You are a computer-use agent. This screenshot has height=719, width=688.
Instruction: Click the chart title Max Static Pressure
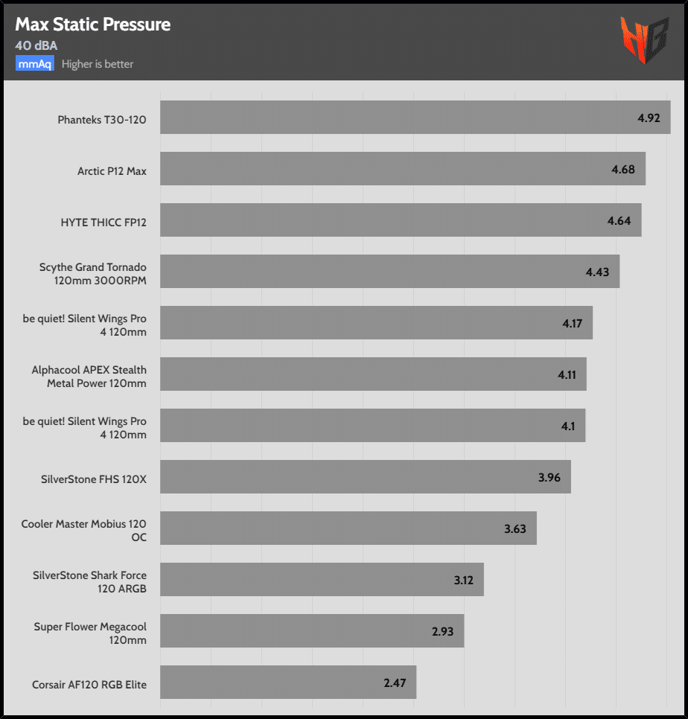coord(92,25)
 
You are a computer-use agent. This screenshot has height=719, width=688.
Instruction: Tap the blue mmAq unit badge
coord(34,64)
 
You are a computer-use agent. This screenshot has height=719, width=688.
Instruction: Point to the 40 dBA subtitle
coord(36,45)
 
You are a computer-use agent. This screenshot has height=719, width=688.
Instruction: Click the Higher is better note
coord(98,64)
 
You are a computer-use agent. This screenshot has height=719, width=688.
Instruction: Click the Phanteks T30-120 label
coord(102,119)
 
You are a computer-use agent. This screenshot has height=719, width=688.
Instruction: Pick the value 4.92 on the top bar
coord(649,118)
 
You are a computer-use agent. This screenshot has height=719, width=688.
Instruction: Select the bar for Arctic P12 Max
coord(402,169)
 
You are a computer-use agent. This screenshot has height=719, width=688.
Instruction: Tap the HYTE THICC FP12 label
coord(103,222)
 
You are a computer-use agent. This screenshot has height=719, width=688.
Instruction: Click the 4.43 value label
coord(597,272)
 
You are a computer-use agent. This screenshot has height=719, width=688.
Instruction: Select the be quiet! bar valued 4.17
coord(376,323)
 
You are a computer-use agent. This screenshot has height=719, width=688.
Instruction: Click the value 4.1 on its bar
coord(568,426)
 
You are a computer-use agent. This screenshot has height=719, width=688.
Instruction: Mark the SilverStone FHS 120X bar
coord(365,476)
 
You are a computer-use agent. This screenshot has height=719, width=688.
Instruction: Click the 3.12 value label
coord(464,580)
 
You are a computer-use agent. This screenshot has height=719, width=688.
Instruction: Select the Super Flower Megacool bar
coord(312,631)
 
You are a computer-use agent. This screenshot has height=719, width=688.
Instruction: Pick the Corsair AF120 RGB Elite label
coord(89,684)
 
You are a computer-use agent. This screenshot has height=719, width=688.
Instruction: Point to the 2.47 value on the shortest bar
coord(395,683)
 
